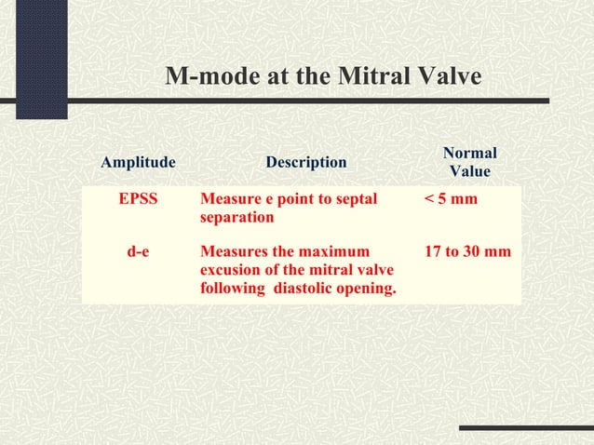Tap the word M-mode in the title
click(208, 76)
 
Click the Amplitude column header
click(138, 163)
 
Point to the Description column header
click(306, 163)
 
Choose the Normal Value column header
click(469, 163)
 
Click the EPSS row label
click(138, 199)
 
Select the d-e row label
click(138, 251)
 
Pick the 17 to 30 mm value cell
click(467, 251)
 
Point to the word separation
click(236, 217)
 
